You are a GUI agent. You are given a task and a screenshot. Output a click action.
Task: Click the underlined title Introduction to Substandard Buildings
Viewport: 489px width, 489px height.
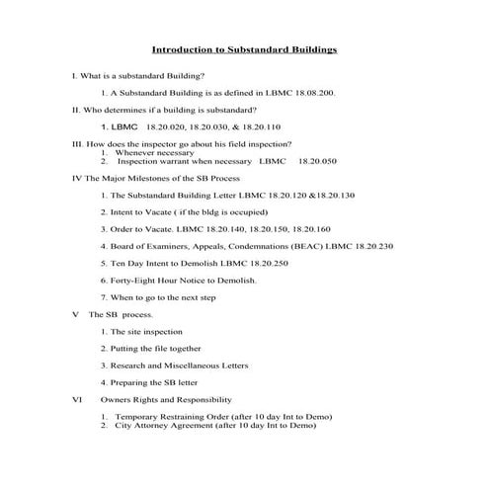[x=245, y=47]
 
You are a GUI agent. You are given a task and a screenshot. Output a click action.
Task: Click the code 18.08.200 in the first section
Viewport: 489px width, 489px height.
[x=310, y=92]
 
